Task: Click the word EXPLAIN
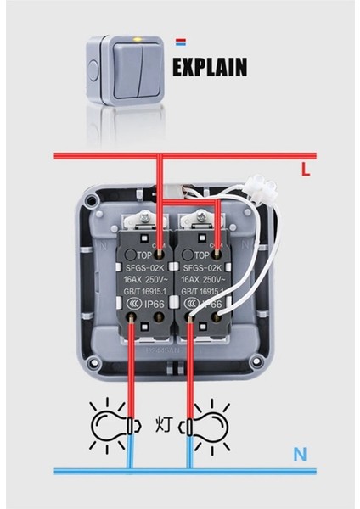point(211,66)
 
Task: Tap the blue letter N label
point(300,455)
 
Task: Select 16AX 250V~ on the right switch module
point(202,278)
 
